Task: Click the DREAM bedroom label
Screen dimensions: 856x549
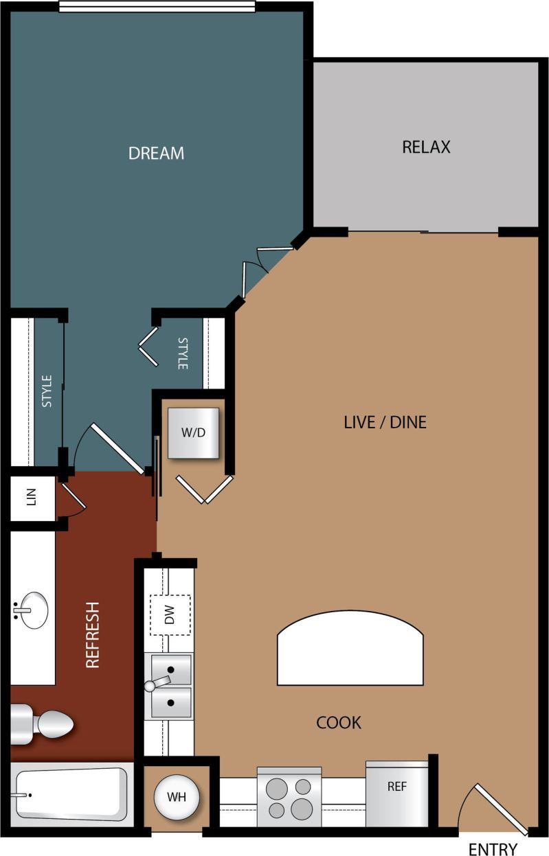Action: pos(156,152)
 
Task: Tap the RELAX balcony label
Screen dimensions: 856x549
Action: pos(426,147)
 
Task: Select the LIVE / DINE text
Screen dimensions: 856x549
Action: pos(385,421)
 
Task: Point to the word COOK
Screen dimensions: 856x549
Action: pos(338,722)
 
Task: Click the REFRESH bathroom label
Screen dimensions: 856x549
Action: pos(93,634)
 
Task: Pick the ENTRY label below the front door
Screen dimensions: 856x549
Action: pos(492,849)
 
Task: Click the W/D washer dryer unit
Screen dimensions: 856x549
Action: pos(194,433)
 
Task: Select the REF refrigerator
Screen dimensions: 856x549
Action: pos(396,794)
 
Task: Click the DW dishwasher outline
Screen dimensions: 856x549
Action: pos(170,615)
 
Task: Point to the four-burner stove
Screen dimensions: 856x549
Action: pos(289,798)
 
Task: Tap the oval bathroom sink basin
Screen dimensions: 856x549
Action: pos(32,610)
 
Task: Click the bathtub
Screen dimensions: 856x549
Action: pos(71,794)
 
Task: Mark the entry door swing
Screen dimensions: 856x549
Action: pos(495,807)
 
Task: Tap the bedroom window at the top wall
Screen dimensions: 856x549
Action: pos(157,6)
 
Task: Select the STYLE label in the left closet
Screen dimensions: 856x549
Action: pos(47,391)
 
